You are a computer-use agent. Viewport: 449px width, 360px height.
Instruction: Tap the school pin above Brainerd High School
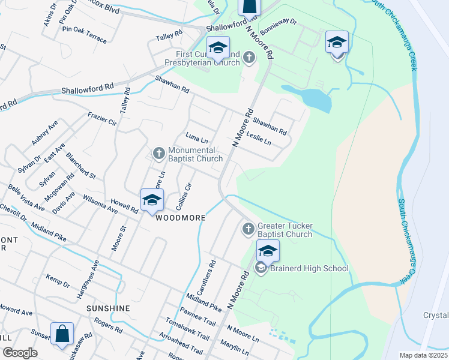coord(268,250)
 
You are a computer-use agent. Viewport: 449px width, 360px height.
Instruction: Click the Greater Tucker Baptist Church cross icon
coord(249,230)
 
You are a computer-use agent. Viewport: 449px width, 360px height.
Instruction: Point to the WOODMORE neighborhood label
coord(181,218)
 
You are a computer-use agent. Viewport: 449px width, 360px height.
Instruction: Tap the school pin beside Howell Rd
coord(152,200)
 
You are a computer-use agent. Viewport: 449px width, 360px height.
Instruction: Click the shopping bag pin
coord(62,334)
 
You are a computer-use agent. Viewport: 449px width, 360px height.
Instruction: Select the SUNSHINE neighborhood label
coord(108,308)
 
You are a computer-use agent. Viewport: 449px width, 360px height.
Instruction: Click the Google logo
coord(20,353)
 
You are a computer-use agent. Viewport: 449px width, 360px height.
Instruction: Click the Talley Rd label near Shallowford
coord(169,36)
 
